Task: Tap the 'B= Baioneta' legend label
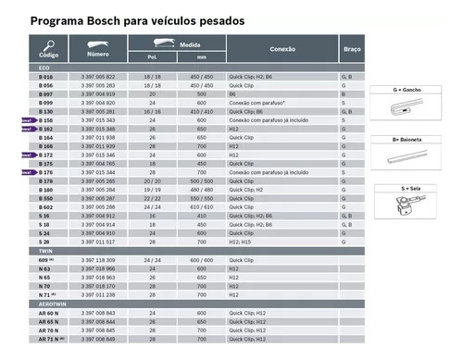(x=407, y=138)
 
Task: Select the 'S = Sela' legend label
(x=407, y=187)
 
